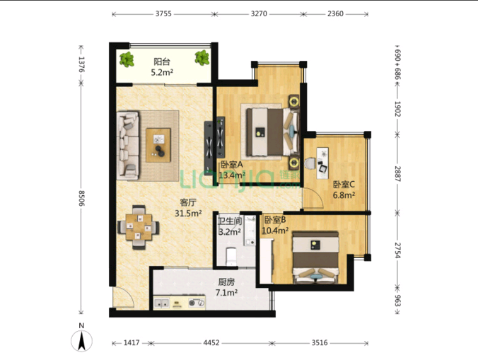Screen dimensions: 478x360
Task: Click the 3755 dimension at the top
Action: (x=163, y=13)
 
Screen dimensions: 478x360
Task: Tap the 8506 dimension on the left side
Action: (x=81, y=198)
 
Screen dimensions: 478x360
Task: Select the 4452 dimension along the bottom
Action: (x=211, y=343)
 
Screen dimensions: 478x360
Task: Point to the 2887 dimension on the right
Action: (x=398, y=174)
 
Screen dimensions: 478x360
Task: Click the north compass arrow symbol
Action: (x=81, y=341)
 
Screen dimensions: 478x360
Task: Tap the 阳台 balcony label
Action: (x=161, y=62)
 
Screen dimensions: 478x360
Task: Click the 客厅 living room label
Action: (x=188, y=202)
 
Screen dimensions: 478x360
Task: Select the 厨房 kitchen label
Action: (x=226, y=282)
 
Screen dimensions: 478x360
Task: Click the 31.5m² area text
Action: (x=188, y=213)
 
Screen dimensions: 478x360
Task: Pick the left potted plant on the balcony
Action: (x=127, y=59)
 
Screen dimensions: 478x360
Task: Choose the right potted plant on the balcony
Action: (x=202, y=57)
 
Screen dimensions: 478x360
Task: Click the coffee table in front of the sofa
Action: (x=158, y=145)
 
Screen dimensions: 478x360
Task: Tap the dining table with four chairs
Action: (x=139, y=228)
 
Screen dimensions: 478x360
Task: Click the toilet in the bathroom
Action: (x=231, y=257)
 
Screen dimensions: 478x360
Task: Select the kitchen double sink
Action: (x=161, y=303)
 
